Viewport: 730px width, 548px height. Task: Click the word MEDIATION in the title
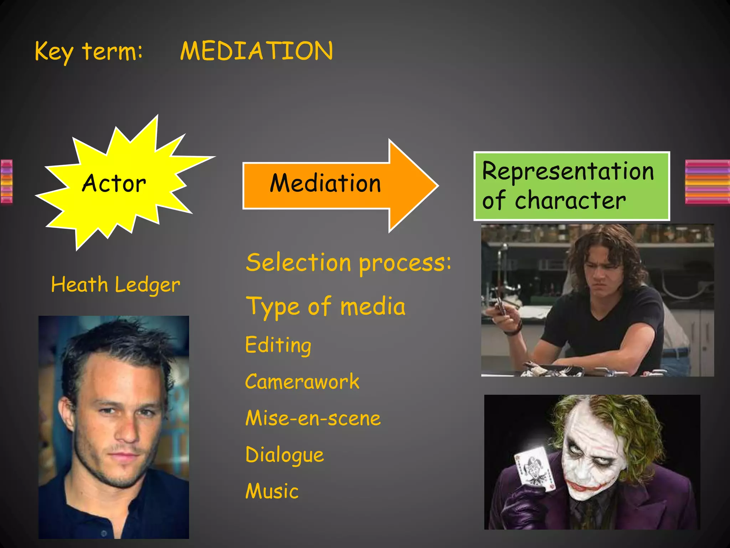[256, 51]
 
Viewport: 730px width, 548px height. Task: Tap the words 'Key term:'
[88, 52]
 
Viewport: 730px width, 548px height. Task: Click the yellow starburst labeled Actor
[114, 183]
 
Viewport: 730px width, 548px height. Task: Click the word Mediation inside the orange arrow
[325, 183]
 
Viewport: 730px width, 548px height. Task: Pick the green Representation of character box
[571, 186]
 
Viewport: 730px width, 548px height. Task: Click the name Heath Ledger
[115, 285]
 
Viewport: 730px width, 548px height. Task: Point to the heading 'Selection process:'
[348, 263]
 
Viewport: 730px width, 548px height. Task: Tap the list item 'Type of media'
[325, 307]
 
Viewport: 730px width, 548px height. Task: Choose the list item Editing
[278, 345]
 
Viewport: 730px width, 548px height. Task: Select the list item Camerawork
[302, 382]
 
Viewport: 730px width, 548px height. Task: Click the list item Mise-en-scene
[313, 418]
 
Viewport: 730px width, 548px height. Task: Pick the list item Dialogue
[284, 455]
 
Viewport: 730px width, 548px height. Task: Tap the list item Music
[272, 491]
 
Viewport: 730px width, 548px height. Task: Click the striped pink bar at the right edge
[707, 182]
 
